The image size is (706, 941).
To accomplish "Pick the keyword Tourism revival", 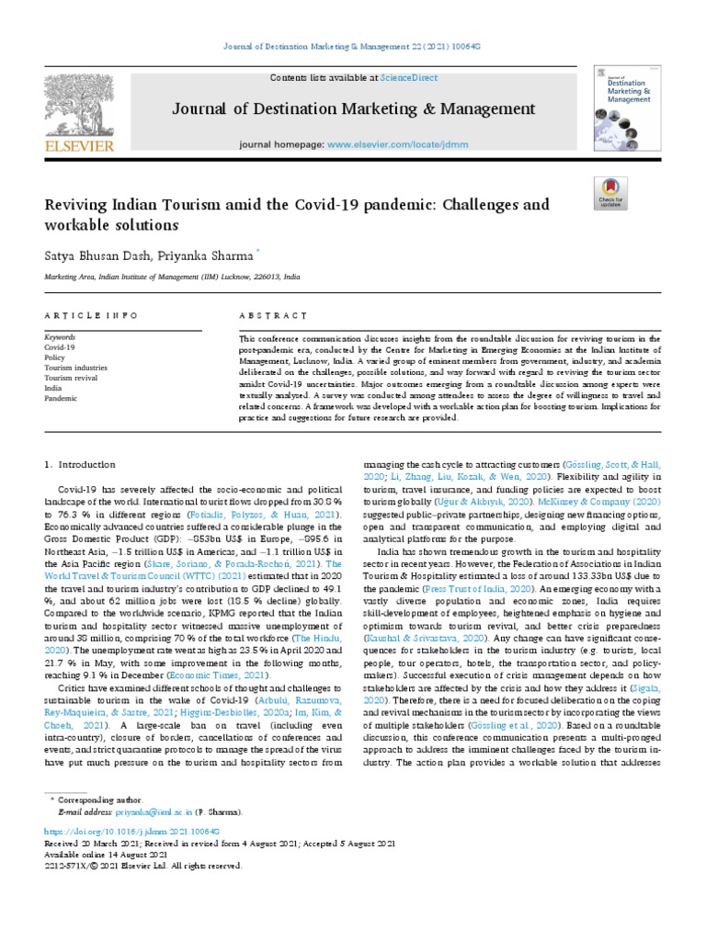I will [71, 378].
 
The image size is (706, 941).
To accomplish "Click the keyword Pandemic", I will [61, 398].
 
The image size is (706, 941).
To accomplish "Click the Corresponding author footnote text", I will [99, 801].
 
